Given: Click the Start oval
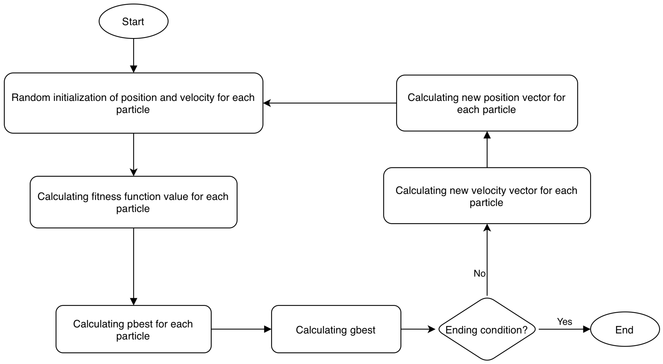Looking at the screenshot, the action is click(133, 21).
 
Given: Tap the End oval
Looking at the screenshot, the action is click(625, 329).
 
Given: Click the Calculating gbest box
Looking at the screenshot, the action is click(336, 329).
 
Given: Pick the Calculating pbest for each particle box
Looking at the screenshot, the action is click(133, 329).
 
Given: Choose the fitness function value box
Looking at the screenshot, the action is click(133, 202).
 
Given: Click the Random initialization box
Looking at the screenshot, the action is click(133, 103).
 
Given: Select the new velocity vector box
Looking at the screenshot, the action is click(487, 196).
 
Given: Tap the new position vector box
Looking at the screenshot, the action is click(487, 103).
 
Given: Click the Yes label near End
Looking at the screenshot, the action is click(564, 322).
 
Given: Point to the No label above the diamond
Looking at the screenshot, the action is click(480, 273).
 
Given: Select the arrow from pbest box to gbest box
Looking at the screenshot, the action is click(241, 329).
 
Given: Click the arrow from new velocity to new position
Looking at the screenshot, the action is click(487, 149).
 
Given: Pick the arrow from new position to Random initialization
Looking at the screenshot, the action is click(330, 103).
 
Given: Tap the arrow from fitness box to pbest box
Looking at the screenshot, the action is click(133, 267).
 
